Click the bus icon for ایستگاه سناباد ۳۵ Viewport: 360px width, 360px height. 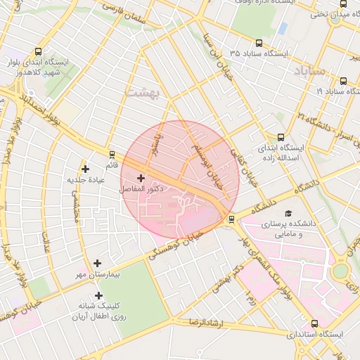(x=259, y=43)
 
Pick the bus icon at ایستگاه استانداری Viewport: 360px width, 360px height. (x=314, y=324)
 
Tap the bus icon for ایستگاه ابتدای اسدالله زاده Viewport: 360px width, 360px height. (x=281, y=138)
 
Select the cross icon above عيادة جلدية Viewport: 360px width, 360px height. (x=86, y=169)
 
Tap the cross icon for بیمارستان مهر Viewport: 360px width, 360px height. (x=98, y=262)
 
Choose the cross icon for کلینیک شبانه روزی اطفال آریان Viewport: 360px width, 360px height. (x=98, y=296)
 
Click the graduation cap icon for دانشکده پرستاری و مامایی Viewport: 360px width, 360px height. (x=288, y=213)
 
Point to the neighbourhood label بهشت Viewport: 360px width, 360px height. (x=143, y=91)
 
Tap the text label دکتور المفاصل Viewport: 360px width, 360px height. (x=141, y=190)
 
